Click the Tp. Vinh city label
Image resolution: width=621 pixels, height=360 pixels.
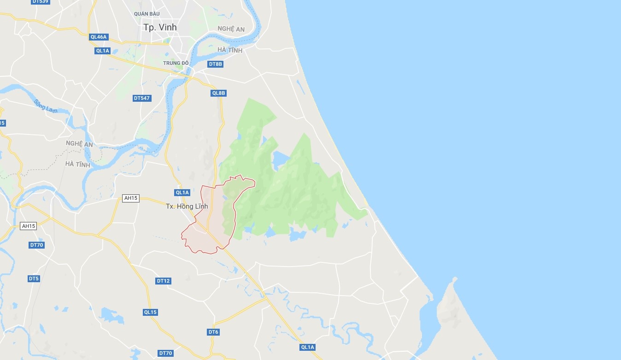point(160,28)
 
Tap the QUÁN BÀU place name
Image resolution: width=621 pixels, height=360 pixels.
point(146,14)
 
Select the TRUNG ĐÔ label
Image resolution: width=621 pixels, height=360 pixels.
point(176,63)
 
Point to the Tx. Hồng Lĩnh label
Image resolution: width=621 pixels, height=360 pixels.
point(187,207)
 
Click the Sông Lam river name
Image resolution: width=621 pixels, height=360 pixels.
point(45,106)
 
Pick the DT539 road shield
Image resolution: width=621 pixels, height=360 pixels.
point(41,2)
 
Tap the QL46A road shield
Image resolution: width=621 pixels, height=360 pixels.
point(99,37)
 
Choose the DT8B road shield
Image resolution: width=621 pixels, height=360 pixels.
point(215,64)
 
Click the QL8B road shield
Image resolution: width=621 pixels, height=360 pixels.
point(218,93)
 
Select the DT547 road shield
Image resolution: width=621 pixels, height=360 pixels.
point(142,98)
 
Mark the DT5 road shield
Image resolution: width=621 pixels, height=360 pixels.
point(34,279)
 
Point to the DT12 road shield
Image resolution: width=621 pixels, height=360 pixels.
point(163,281)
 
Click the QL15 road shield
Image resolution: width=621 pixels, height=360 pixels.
point(150,312)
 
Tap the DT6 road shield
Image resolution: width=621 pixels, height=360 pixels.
point(213,332)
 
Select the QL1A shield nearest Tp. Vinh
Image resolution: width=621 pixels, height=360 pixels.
point(102,51)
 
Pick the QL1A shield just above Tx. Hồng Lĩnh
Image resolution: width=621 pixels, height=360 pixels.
point(182,192)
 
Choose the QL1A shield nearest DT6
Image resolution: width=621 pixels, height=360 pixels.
point(307,347)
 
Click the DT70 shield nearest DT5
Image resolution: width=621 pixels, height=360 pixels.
point(36,245)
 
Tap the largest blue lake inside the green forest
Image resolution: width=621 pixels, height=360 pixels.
point(281,159)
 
